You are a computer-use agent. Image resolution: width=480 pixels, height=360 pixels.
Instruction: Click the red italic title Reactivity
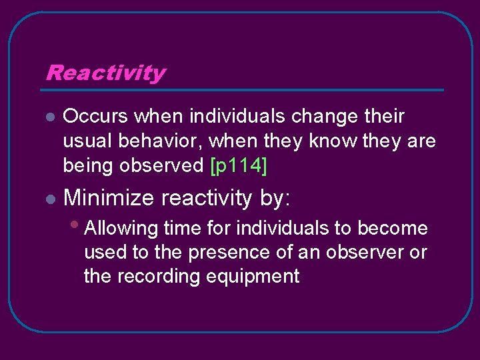tap(105, 73)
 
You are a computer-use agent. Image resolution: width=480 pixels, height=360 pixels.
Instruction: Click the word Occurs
tap(96, 117)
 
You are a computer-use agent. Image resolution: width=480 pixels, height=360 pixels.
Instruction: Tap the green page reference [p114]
tap(238, 166)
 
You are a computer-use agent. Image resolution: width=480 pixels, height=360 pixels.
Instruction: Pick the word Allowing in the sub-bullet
tap(122, 229)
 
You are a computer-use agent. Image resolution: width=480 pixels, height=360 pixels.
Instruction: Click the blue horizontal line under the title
tap(244, 90)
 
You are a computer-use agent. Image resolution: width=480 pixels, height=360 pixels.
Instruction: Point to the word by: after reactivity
tap(275, 198)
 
